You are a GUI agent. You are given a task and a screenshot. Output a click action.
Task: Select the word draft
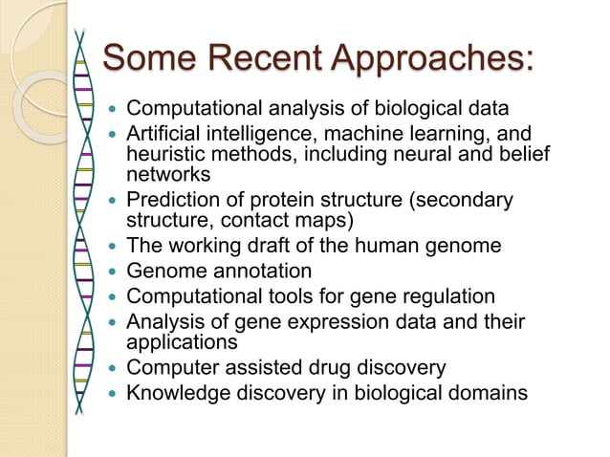coord(259,247)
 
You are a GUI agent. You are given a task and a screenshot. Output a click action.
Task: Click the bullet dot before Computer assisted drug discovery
coord(115,366)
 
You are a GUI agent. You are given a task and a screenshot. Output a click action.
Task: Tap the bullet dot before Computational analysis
coord(115,107)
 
